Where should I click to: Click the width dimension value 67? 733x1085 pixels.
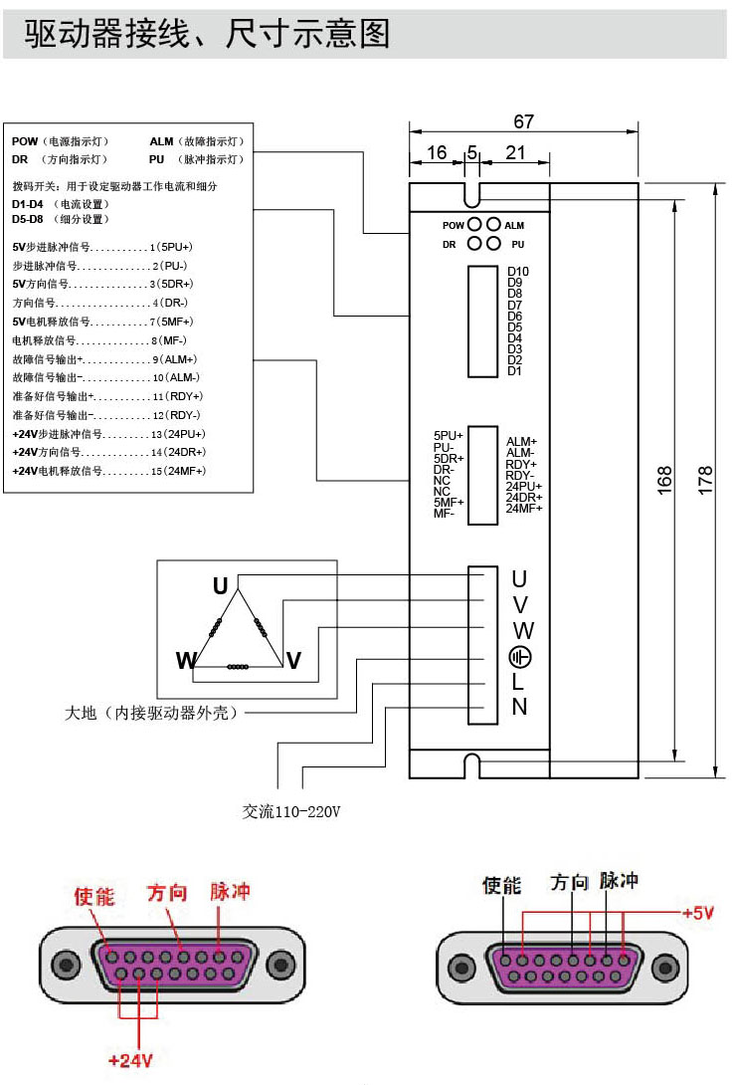coord(524,121)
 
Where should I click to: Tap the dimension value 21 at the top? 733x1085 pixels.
coord(515,152)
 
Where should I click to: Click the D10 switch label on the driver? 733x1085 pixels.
coord(518,272)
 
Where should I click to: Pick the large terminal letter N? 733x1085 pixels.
coord(519,708)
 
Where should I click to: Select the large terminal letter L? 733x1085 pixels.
coord(518,683)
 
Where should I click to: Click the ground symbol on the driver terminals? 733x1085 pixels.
coord(520,657)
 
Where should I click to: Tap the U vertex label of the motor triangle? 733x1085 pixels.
coord(220,585)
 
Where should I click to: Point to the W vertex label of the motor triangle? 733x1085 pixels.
coord(186,661)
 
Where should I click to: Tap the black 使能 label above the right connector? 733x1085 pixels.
coord(501,885)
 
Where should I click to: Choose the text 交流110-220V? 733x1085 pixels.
coord(291,811)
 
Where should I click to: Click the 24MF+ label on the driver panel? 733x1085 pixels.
coord(524,509)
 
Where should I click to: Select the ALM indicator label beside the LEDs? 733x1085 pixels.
coord(514,226)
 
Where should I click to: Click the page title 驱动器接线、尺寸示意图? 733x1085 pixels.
coord(207,35)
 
